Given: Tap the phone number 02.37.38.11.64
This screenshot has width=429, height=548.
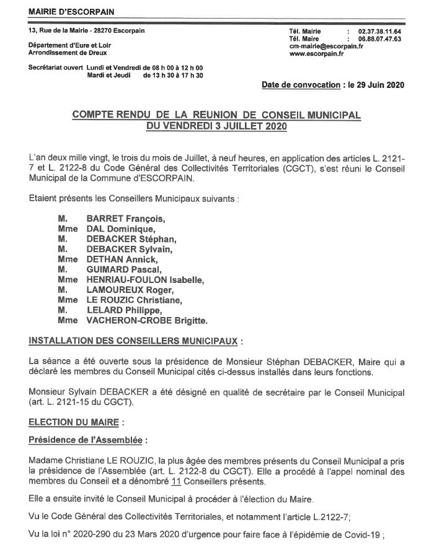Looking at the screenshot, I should coord(379,31).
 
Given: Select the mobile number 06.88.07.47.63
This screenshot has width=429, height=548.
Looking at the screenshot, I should coord(379,38).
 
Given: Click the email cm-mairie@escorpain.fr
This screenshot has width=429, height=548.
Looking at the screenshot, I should coord(326,46).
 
